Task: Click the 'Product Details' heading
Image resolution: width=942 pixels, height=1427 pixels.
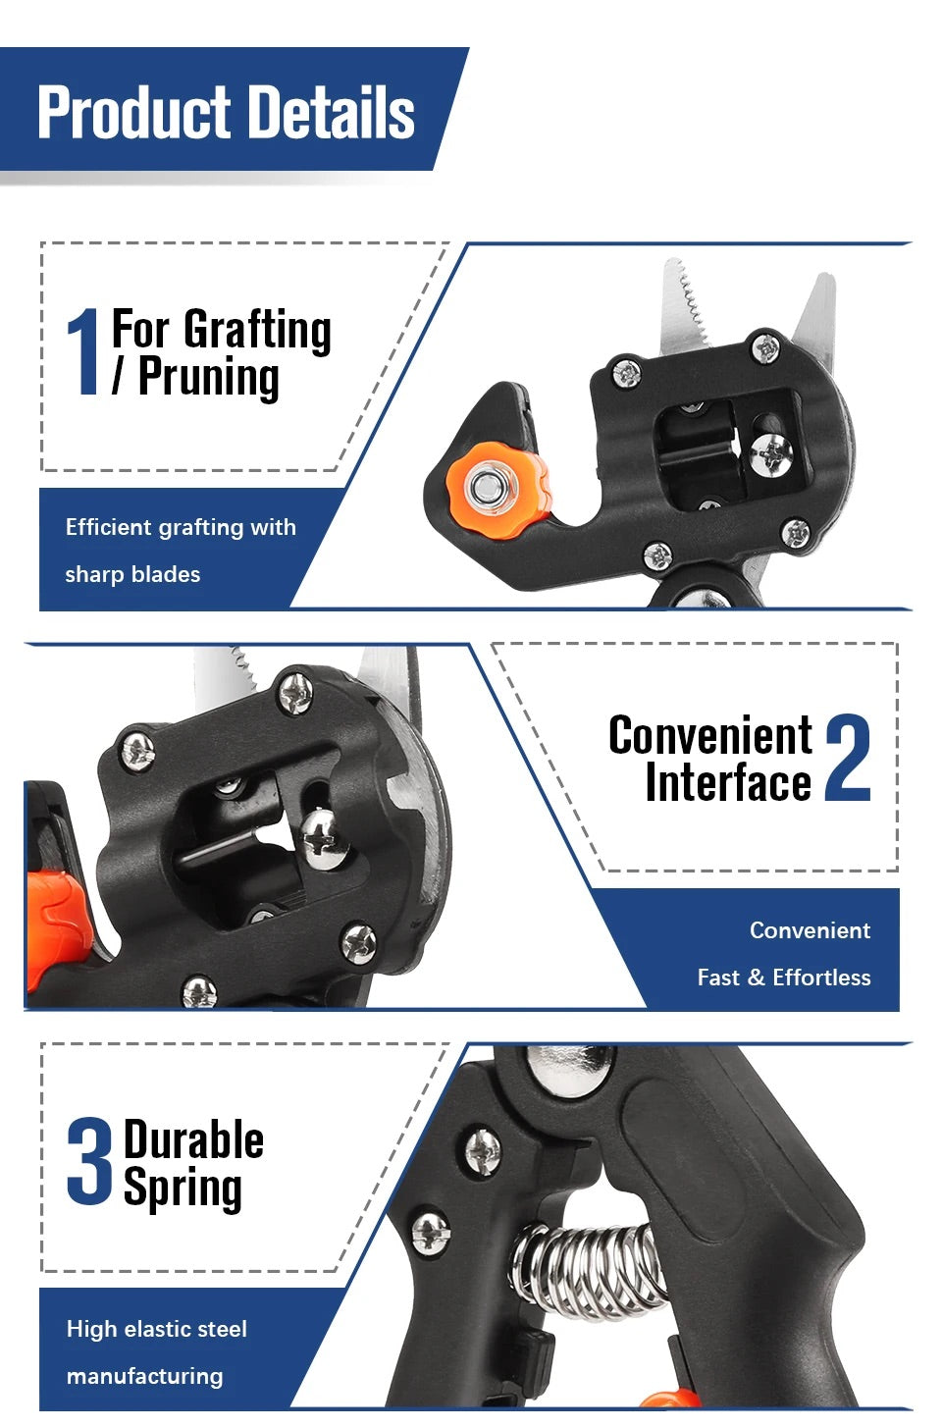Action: pyautogui.click(x=226, y=112)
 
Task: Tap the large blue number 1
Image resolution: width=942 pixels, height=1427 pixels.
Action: pyautogui.click(x=84, y=351)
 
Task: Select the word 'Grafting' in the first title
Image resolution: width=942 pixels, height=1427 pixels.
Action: pyautogui.click(x=257, y=329)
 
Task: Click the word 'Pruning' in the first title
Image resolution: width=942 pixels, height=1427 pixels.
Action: pyautogui.click(x=208, y=377)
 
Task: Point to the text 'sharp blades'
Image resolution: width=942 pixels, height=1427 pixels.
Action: pyautogui.click(x=132, y=574)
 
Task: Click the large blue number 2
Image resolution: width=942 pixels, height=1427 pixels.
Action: pyautogui.click(x=848, y=758)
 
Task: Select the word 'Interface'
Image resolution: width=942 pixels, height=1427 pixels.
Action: pyautogui.click(x=727, y=782)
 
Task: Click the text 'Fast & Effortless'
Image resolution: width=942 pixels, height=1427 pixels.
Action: pyautogui.click(x=783, y=978)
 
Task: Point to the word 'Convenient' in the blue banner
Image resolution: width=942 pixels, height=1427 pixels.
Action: pyautogui.click(x=810, y=930)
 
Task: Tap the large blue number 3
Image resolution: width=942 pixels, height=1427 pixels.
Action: pyautogui.click(x=90, y=1162)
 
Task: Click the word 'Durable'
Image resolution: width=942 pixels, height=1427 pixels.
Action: pyautogui.click(x=193, y=1140)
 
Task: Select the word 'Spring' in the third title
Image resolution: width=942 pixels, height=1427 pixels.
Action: pyautogui.click(x=183, y=1188)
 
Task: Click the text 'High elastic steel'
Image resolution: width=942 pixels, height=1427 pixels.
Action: pyautogui.click(x=156, y=1329)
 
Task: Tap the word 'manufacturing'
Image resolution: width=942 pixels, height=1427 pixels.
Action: pyautogui.click(x=144, y=1376)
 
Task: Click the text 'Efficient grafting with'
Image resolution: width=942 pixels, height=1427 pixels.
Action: pyautogui.click(x=181, y=527)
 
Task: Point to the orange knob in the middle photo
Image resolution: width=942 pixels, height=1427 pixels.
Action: pyautogui.click(x=54, y=923)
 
